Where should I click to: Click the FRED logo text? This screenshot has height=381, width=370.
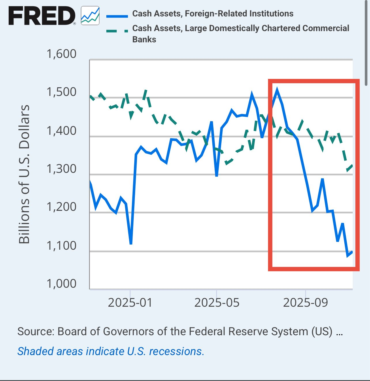click(x=42, y=16)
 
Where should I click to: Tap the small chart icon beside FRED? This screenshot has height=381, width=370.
click(x=90, y=16)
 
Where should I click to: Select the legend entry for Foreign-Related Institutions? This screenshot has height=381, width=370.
click(x=213, y=14)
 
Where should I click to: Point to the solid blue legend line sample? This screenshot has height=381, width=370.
click(x=117, y=16)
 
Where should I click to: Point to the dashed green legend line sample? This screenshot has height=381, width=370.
click(x=117, y=31)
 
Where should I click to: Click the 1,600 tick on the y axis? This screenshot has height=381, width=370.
click(x=61, y=54)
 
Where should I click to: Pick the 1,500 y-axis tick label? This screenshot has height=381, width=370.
click(x=61, y=92)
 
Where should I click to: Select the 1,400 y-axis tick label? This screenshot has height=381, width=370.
click(x=61, y=131)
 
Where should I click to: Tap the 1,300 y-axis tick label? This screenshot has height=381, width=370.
click(x=61, y=169)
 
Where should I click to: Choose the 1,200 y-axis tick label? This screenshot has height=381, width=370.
click(x=61, y=207)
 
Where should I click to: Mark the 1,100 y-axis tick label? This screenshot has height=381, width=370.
click(x=61, y=246)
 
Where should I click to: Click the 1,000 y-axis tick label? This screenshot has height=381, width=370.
click(x=61, y=284)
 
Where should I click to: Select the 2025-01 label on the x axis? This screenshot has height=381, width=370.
click(x=130, y=303)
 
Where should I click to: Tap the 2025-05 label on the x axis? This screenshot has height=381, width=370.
click(x=217, y=303)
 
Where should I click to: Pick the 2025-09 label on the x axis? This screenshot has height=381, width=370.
click(x=305, y=303)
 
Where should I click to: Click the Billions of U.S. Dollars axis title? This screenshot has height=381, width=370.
click(x=24, y=174)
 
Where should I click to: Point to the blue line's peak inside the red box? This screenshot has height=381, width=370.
click(x=277, y=90)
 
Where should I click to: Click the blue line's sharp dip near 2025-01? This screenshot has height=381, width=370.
click(x=131, y=244)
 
